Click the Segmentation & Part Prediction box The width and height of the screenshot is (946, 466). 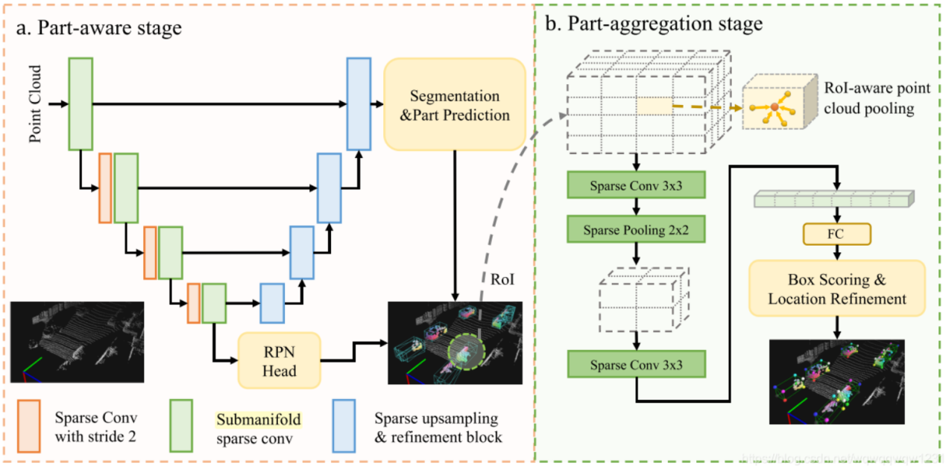click(454, 106)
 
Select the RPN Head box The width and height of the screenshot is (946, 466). click(279, 360)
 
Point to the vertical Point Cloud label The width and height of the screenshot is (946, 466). click(35, 106)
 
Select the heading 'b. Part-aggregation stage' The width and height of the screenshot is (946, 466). click(654, 24)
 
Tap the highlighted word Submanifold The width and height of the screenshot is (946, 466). click(258, 420)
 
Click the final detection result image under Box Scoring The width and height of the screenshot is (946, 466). click(836, 380)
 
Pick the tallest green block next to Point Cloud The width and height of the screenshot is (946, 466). click(80, 103)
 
